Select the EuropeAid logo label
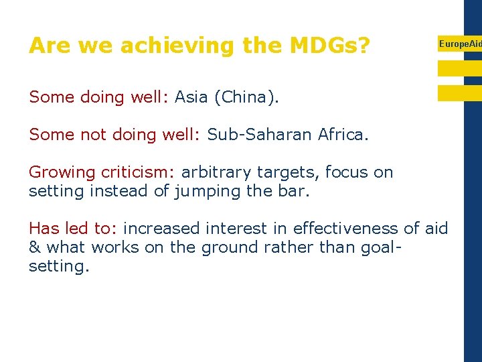pos(459,44)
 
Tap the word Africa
pos(343,135)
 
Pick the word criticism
pos(139,172)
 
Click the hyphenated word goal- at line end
pos(380,247)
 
